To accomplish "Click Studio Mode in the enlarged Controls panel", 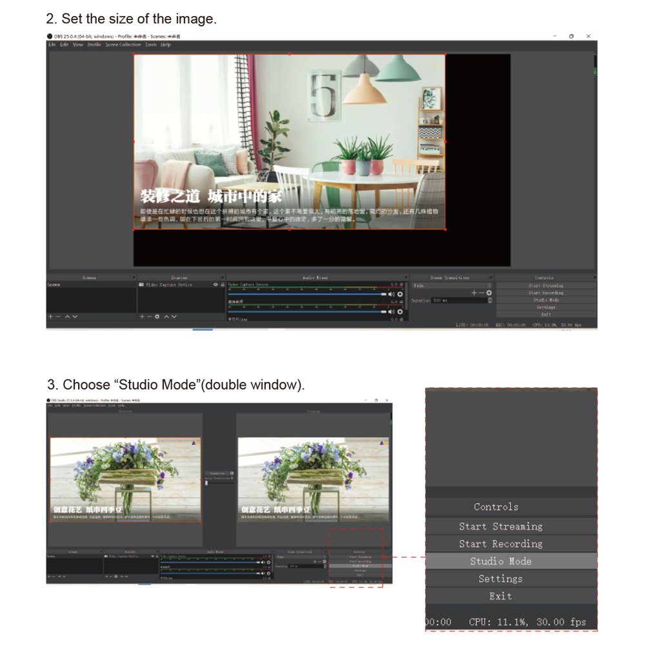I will click(x=501, y=561).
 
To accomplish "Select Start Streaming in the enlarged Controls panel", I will click(x=501, y=526).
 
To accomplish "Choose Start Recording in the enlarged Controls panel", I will click(x=501, y=544).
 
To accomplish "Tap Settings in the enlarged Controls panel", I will click(x=501, y=579).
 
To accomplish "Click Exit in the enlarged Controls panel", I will click(x=501, y=596).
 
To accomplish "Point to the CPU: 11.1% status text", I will click(x=496, y=622).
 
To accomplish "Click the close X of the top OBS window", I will click(x=588, y=36).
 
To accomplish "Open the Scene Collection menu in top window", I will click(x=123, y=45).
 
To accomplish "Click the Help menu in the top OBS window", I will click(x=166, y=45).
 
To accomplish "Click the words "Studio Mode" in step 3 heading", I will click(x=155, y=385).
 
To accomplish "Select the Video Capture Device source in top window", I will click(x=169, y=284).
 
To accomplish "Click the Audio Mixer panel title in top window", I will click(x=315, y=277).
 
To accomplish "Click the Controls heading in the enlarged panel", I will click(x=496, y=507).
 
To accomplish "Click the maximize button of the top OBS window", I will click(x=571, y=36).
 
